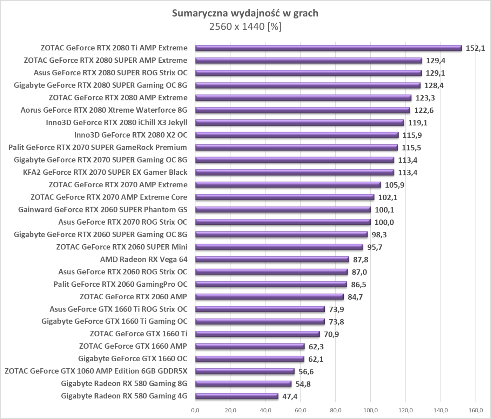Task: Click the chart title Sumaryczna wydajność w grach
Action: [245, 13]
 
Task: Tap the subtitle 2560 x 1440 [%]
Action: [245, 27]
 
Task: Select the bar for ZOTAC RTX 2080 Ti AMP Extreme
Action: [328, 48]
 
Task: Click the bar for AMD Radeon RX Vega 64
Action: [272, 259]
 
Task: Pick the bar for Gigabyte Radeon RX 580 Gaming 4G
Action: [237, 396]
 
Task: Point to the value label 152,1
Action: [475, 48]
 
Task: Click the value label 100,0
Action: [384, 222]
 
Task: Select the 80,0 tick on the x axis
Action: [335, 410]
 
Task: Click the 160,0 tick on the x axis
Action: [476, 410]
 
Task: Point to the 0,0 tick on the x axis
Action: [195, 410]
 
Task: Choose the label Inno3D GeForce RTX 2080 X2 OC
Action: [130, 135]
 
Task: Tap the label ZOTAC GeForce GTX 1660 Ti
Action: [138, 334]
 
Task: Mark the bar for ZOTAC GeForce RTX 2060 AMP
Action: [269, 297]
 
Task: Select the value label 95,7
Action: [375, 247]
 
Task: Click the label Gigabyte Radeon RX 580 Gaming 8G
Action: [124, 384]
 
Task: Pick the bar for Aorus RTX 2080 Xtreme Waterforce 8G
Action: [303, 110]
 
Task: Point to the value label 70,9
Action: [331, 334]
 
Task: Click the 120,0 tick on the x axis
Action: [405, 410]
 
